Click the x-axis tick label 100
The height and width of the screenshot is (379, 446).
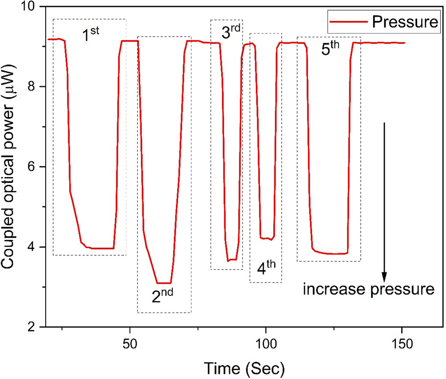point(266,346)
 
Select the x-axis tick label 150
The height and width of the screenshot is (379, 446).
point(401,346)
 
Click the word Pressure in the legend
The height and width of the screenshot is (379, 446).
point(404,22)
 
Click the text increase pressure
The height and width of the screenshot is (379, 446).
point(369,290)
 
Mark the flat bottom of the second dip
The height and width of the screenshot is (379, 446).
point(164,283)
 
